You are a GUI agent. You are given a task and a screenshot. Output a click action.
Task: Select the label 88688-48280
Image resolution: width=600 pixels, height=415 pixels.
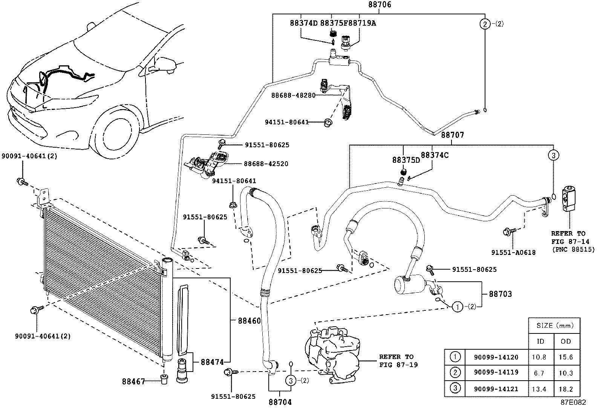click(293, 95)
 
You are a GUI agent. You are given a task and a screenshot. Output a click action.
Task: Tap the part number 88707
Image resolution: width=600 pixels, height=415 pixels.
click(452, 135)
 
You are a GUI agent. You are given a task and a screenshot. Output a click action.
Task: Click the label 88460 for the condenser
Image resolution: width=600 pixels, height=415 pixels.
click(249, 321)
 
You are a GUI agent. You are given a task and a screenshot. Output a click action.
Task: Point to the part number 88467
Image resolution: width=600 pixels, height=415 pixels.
click(133, 381)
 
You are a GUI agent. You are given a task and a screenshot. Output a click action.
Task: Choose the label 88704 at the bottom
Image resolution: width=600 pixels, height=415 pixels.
click(280, 403)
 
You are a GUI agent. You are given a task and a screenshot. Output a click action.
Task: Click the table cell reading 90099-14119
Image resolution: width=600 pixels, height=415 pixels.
click(496, 372)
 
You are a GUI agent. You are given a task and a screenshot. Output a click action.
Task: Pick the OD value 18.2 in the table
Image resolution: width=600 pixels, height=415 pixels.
click(566, 389)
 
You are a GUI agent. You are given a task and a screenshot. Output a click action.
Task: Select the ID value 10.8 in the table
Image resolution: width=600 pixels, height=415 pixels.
click(540, 357)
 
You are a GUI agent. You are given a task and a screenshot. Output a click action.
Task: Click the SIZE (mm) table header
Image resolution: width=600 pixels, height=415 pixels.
click(553, 326)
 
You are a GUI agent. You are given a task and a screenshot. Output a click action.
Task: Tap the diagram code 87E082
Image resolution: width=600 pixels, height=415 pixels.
click(573, 403)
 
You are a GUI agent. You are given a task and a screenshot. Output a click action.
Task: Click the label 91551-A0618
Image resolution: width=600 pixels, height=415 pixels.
click(513, 253)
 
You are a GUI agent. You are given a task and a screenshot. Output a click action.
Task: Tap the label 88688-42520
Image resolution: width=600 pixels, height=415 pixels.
click(266, 164)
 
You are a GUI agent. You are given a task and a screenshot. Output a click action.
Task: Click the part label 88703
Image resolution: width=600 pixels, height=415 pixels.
click(501, 294)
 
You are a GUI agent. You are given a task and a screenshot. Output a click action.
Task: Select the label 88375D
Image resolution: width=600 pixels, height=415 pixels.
click(406, 160)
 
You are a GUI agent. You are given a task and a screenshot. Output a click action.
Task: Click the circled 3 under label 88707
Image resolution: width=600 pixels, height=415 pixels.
click(553, 155)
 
